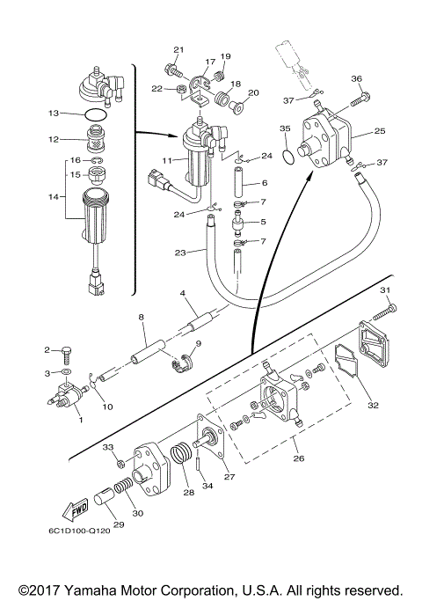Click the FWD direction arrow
75,509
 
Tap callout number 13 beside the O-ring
55,113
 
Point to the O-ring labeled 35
289,157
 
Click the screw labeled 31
384,311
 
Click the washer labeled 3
67,371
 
